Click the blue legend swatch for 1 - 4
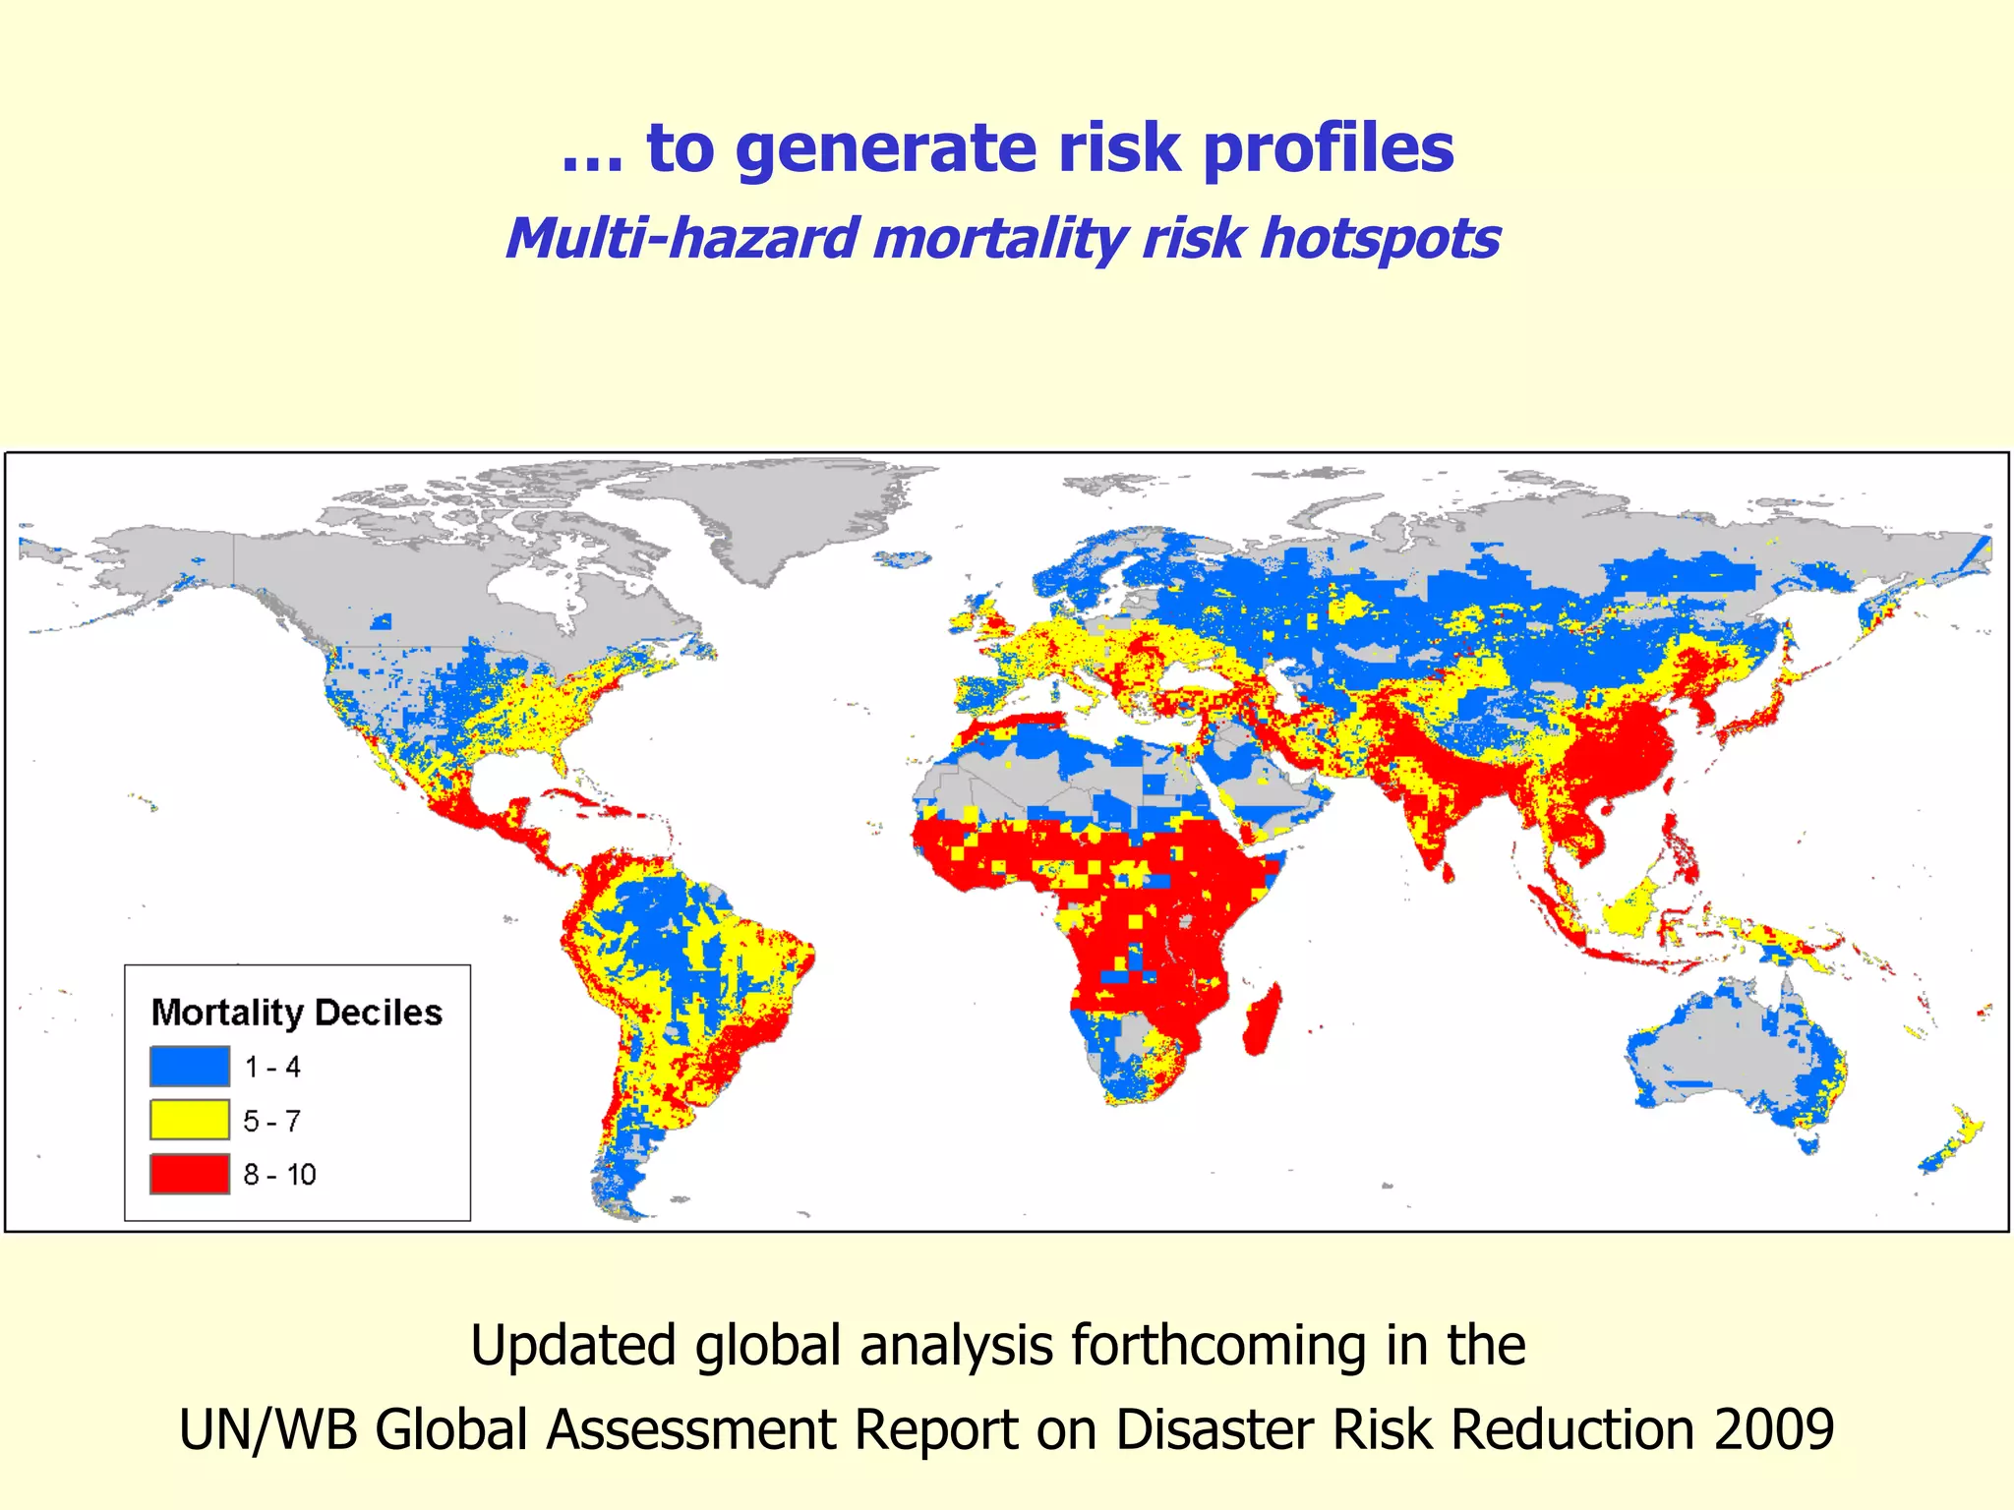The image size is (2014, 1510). point(190,1067)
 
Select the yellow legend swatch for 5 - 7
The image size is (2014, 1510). point(190,1120)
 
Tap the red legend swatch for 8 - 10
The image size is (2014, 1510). point(190,1174)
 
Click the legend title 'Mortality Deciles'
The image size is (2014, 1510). point(297,1013)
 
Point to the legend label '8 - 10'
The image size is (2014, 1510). point(280,1175)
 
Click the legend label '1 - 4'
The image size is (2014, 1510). point(272,1067)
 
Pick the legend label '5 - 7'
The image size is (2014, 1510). point(272,1121)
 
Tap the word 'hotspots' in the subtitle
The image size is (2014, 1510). point(1381,239)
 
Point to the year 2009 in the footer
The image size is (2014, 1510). point(1774,1429)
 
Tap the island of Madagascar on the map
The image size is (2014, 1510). point(1263,1022)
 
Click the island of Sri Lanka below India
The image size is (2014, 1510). point(1448,872)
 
